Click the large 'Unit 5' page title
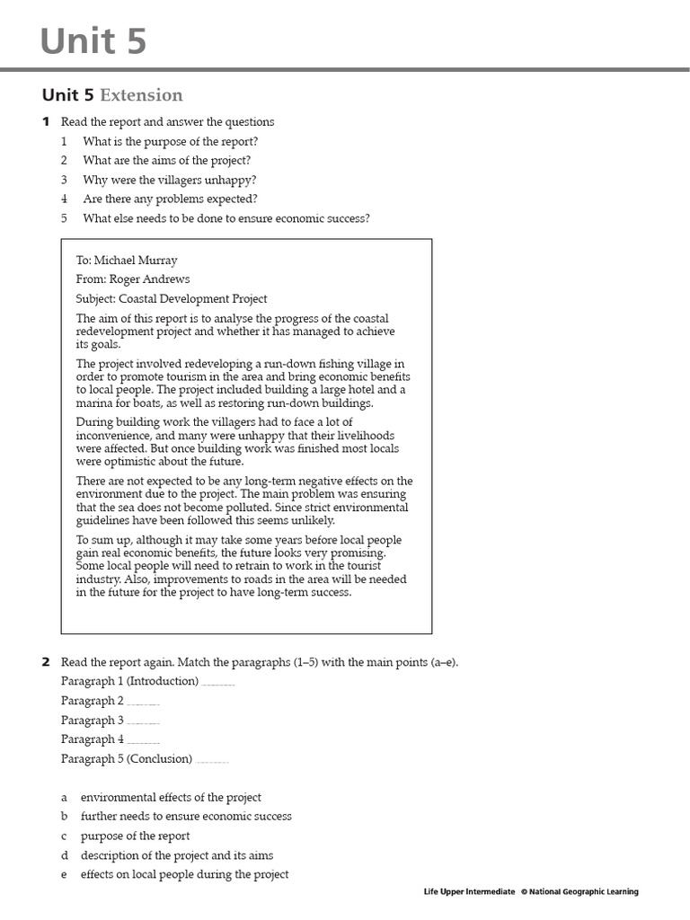click(x=93, y=42)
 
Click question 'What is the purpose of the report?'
click(x=171, y=141)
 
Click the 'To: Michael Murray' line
click(x=127, y=261)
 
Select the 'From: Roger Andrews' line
click(x=133, y=279)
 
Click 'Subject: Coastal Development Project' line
click(x=172, y=299)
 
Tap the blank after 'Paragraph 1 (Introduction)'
click(x=218, y=682)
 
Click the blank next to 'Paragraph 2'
click(x=144, y=702)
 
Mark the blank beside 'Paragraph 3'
click(x=144, y=721)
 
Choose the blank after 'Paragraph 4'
click(x=144, y=740)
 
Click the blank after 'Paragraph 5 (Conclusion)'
click(x=212, y=760)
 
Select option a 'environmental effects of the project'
click(x=171, y=798)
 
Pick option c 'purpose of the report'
click(x=135, y=836)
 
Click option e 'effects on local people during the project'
click(x=184, y=875)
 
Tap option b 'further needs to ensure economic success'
click(x=186, y=817)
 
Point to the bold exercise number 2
click(x=46, y=662)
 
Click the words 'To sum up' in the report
click(x=100, y=540)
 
